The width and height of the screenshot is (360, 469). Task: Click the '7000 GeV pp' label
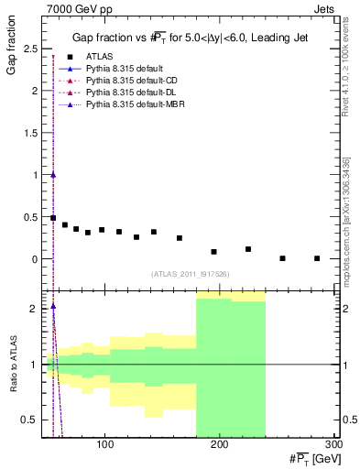[75, 8]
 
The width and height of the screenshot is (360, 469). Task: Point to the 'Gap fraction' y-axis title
[13, 49]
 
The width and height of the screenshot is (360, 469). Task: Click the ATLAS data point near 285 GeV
[317, 258]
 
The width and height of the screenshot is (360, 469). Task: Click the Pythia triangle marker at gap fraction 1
[53, 175]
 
